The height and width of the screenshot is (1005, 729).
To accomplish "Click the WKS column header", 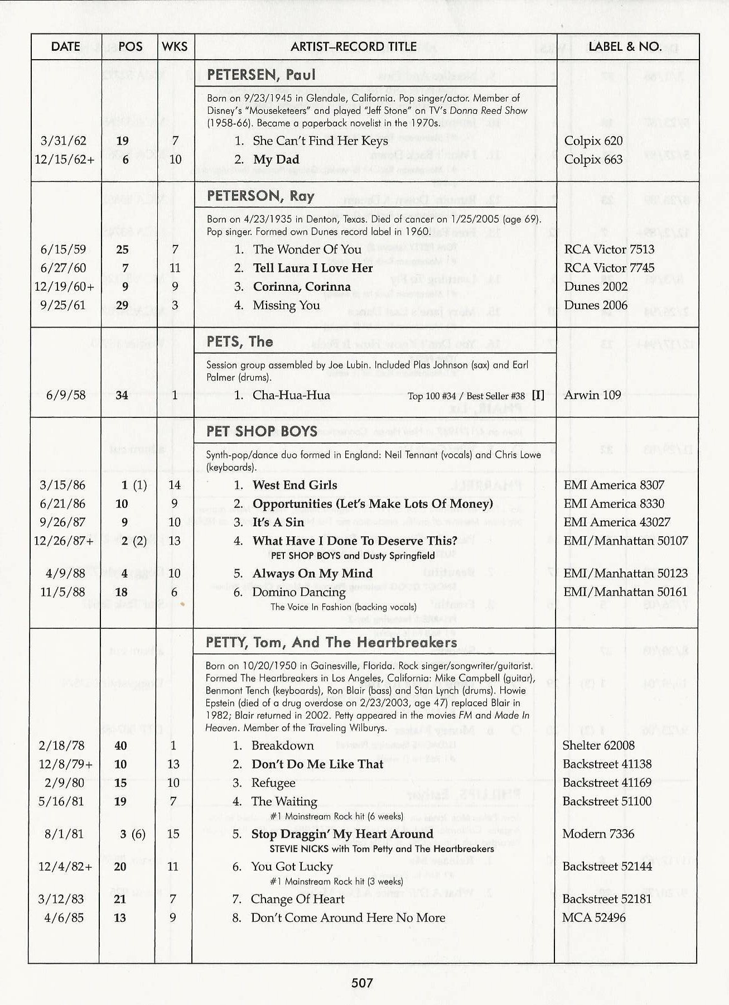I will pyautogui.click(x=175, y=47).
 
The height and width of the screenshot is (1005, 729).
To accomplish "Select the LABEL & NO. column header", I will pyautogui.click(x=625, y=47).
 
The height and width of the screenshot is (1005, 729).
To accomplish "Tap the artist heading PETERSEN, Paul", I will pyautogui.click(x=261, y=75).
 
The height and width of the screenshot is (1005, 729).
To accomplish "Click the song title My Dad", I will pyautogui.click(x=276, y=160).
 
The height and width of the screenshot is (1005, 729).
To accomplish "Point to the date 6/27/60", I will pyautogui.click(x=64, y=268).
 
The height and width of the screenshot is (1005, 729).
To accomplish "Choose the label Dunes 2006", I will pyautogui.click(x=596, y=305).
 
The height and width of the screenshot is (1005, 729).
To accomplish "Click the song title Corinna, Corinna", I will pyautogui.click(x=302, y=287).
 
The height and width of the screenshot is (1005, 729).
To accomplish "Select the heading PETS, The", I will pyautogui.click(x=240, y=342).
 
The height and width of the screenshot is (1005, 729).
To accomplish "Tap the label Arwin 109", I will pyautogui.click(x=592, y=396).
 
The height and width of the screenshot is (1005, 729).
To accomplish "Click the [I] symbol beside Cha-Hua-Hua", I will pyautogui.click(x=538, y=395).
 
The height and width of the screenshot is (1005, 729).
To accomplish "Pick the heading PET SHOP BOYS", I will pyautogui.click(x=262, y=431).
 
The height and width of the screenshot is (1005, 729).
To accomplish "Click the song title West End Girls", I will pyautogui.click(x=295, y=485).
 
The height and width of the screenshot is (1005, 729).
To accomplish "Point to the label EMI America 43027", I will pyautogui.click(x=617, y=522).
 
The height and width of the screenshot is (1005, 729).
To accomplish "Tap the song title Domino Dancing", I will pyautogui.click(x=298, y=592).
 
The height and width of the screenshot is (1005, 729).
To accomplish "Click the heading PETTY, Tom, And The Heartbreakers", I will pyautogui.click(x=331, y=642).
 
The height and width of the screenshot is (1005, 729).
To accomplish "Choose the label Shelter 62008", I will pyautogui.click(x=598, y=746).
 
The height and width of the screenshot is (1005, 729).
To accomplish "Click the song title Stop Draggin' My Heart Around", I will pyautogui.click(x=342, y=834).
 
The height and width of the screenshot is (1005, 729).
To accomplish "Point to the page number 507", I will pyautogui.click(x=362, y=983).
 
